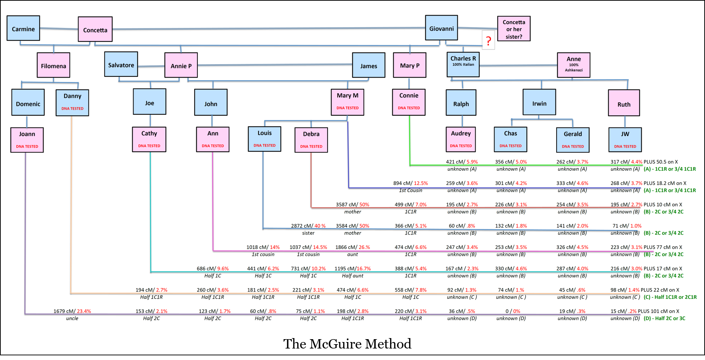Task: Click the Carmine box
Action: pyautogui.click(x=23, y=28)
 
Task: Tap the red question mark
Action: pyautogui.click(x=488, y=41)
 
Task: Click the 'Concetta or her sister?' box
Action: pyautogui.click(x=514, y=29)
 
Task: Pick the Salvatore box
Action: pyautogui.click(x=121, y=64)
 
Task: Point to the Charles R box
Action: pyautogui.click(x=463, y=64)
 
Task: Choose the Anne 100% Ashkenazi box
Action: pyautogui.click(x=573, y=65)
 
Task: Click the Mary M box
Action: pyautogui.click(x=347, y=102)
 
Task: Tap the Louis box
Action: pyautogui.click(x=265, y=139)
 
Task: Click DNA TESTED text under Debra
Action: pyautogui.click(x=311, y=147)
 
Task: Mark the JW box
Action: pyautogui.click(x=625, y=140)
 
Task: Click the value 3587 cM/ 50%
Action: pyautogui.click(x=352, y=204)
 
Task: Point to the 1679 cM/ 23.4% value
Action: pyautogui.click(x=72, y=311)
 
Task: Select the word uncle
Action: pyautogui.click(x=72, y=318)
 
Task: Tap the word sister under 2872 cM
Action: pyautogui.click(x=308, y=233)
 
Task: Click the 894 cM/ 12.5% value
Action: pyautogui.click(x=410, y=183)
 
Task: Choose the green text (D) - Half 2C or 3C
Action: pyautogui.click(x=664, y=318)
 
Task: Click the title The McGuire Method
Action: pyautogui.click(x=347, y=344)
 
